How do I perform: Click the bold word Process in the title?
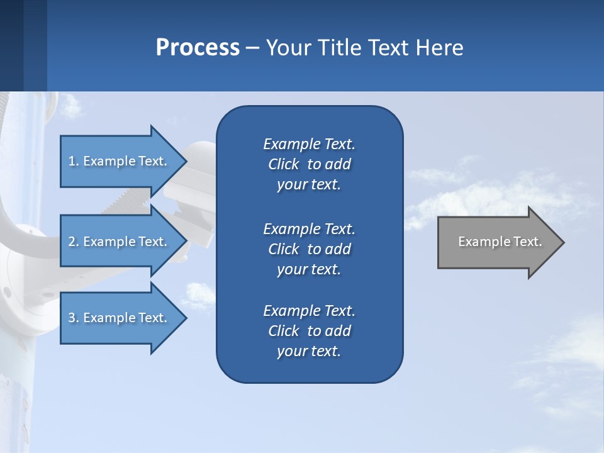point(198,48)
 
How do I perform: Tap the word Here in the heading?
point(440,48)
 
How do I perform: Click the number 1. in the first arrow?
point(74,161)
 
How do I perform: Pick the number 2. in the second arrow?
point(74,242)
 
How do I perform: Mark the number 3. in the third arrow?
point(74,318)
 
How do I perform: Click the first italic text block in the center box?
point(309,164)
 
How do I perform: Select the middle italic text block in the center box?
point(309,249)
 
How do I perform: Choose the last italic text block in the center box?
point(309,331)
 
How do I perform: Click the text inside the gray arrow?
point(500,242)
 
